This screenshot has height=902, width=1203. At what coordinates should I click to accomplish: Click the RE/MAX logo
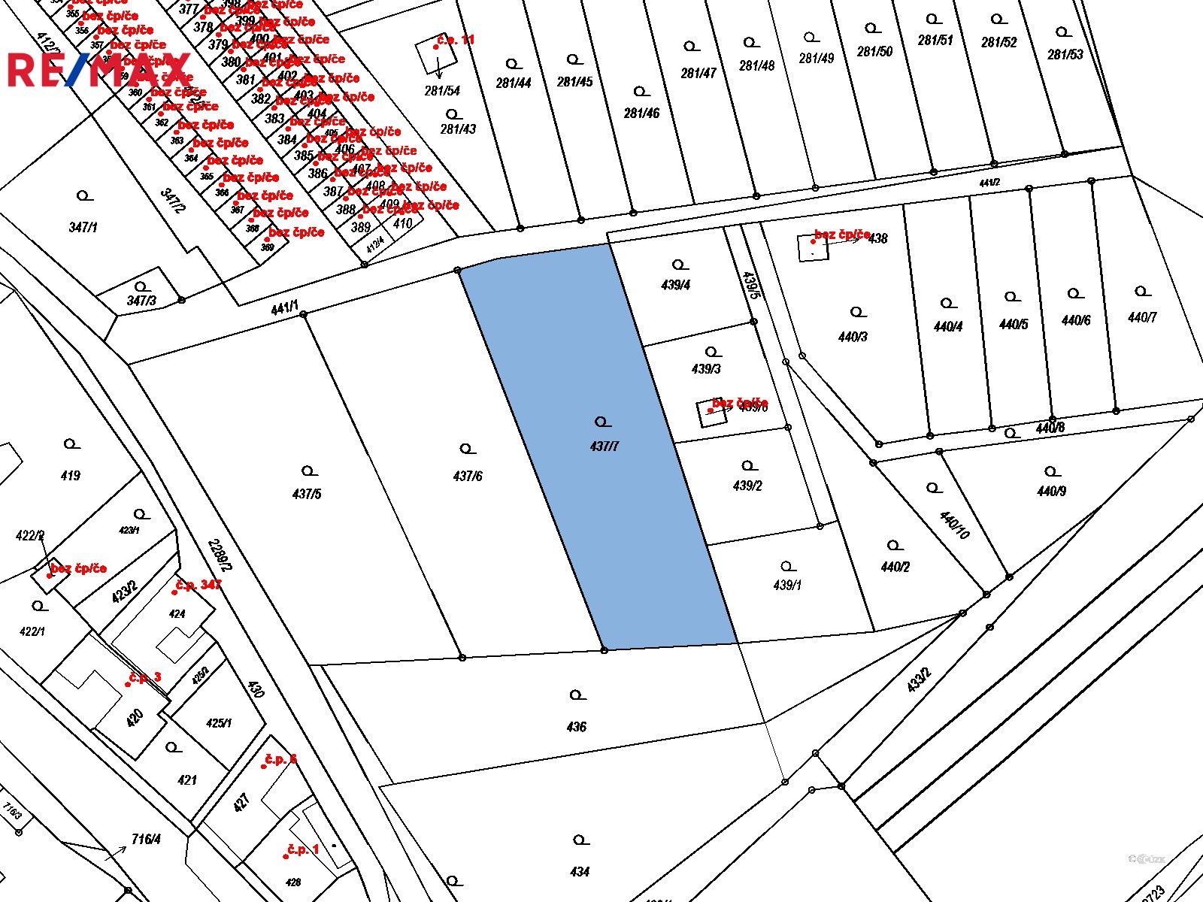[x=98, y=70]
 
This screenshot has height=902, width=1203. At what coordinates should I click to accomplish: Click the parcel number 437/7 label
[x=605, y=446]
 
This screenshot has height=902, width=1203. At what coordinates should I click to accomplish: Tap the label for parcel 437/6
[x=468, y=476]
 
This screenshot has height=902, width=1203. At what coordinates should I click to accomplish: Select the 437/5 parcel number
[x=307, y=494]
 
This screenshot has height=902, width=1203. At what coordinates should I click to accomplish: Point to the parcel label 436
[x=577, y=727]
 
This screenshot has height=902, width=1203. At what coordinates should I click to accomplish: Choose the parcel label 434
[x=580, y=872]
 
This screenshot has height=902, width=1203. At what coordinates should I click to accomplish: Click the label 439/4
[x=676, y=286]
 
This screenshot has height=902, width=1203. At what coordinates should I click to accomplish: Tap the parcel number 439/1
[x=787, y=586]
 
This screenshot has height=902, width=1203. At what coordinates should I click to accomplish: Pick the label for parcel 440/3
[x=853, y=337]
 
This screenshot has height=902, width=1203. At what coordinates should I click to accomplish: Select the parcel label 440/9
[x=1051, y=492]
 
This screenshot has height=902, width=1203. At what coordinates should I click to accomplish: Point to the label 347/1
[x=83, y=227]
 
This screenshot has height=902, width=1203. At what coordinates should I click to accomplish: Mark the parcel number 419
[x=71, y=475]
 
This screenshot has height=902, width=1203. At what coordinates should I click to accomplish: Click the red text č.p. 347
[x=198, y=585]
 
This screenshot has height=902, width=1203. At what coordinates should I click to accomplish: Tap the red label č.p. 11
[x=456, y=40]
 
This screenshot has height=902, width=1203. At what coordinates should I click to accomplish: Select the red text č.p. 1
[x=303, y=849]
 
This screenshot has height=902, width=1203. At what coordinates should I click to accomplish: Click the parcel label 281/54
[x=442, y=91]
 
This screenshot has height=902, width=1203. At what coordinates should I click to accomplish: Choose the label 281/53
[x=1065, y=54]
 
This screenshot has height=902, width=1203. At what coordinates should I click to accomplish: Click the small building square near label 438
[x=813, y=247]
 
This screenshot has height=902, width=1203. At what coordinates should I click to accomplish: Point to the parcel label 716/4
[x=146, y=839]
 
